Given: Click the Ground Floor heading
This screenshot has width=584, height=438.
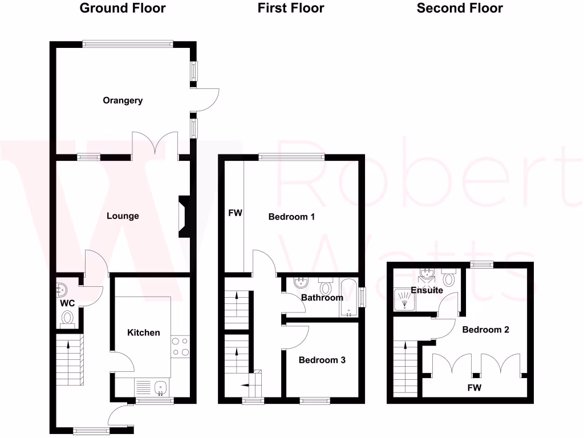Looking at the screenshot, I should click(123, 8).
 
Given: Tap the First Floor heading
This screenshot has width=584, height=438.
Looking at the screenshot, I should click(291, 8).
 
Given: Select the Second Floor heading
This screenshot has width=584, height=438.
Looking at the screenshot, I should click(460, 8).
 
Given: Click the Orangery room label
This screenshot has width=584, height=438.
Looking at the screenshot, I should click(123, 100).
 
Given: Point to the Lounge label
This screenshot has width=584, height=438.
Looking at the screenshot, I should click(123, 216).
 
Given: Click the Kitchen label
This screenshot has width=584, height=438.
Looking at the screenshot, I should click(143, 332).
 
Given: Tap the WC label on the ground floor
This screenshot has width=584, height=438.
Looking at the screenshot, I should click(67, 303).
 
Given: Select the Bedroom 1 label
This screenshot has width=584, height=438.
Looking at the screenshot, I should click(291, 217).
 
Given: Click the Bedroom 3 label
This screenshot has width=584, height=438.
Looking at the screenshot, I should click(322, 360).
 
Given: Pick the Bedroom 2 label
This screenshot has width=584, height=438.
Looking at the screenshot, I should click(485, 330).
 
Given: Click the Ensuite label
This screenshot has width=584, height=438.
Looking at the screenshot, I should click(427, 290).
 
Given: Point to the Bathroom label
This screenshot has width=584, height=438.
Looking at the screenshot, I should click(322, 297).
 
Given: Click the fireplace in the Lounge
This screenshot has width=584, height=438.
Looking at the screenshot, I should click(185, 216).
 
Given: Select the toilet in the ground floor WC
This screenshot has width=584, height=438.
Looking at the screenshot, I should click(68, 318).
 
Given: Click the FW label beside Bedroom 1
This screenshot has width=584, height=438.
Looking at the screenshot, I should click(235, 213).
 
